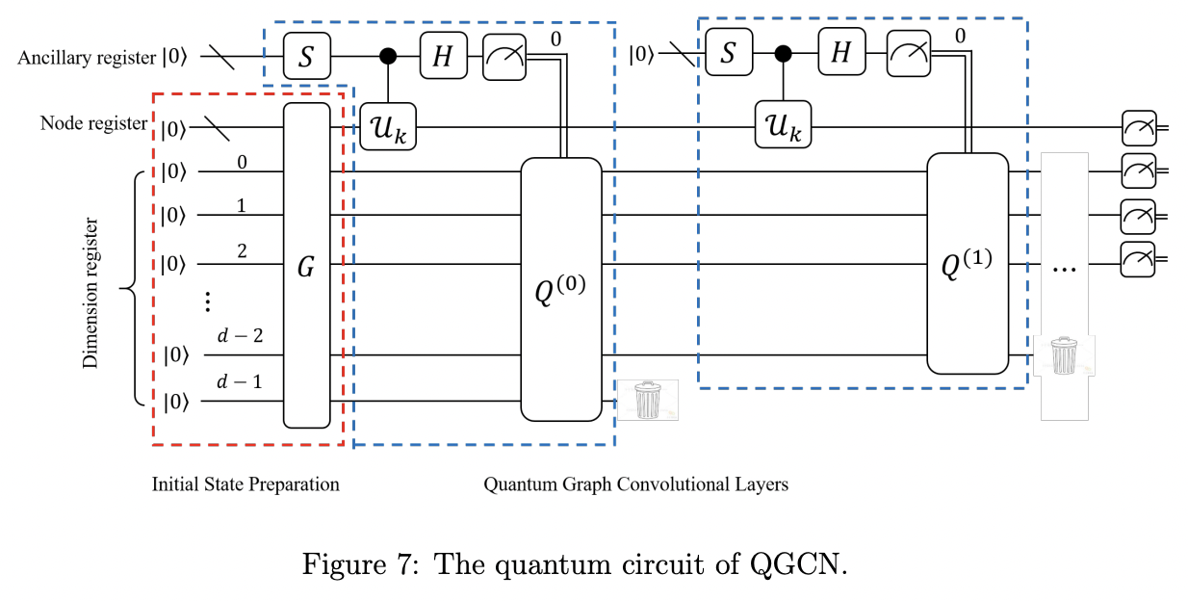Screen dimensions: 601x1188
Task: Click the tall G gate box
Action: [306, 265]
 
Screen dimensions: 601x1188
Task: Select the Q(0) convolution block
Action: [560, 289]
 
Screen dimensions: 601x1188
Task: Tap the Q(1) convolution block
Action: [967, 263]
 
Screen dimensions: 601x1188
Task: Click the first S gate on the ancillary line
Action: [306, 57]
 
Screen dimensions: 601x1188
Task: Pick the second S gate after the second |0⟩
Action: [728, 53]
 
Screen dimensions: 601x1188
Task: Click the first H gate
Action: [442, 57]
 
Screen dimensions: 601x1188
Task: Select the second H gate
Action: [841, 53]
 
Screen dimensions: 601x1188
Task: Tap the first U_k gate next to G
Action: [388, 126]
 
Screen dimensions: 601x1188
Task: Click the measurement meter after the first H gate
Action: [502, 57]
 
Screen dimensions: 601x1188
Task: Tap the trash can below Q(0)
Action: [647, 400]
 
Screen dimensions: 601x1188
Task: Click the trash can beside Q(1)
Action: [1063, 355]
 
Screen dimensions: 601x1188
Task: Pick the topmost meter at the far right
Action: [1138, 126]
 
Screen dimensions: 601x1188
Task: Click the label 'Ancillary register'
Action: [87, 58]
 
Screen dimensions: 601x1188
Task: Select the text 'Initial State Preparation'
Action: [245, 484]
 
